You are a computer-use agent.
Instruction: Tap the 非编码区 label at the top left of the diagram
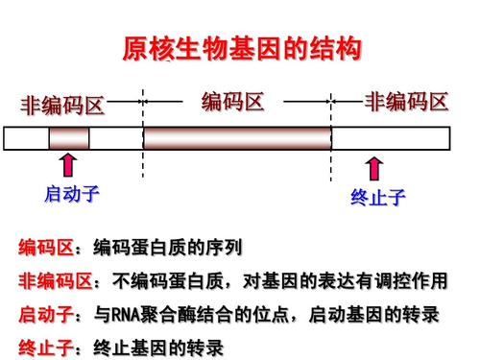click(62, 106)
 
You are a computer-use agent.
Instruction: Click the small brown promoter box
click(69, 138)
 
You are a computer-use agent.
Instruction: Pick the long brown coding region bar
click(237, 138)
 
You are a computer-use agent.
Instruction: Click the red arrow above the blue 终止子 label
click(373, 171)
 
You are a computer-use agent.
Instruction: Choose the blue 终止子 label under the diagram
click(377, 199)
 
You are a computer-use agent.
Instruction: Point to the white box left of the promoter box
click(26, 138)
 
